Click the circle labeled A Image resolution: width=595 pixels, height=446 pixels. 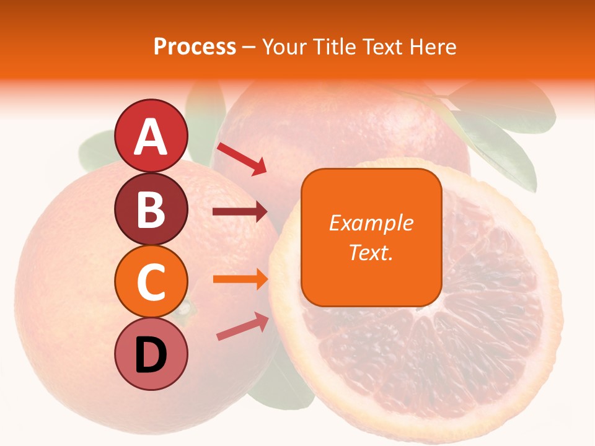click(x=151, y=136)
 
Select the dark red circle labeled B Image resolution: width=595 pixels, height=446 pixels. click(x=151, y=209)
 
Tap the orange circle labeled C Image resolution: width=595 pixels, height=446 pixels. click(x=151, y=281)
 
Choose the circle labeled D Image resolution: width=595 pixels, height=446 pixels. click(x=151, y=354)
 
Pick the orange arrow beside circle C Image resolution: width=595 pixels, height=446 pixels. click(x=240, y=279)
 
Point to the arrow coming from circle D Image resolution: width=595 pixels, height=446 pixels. click(x=242, y=326)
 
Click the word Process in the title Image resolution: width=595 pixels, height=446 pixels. click(x=195, y=46)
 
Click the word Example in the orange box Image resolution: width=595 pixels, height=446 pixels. click(x=371, y=223)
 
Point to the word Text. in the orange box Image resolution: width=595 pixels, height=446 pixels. click(x=371, y=252)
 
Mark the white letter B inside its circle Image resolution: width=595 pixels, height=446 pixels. click(x=151, y=209)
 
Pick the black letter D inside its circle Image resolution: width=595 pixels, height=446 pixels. click(x=151, y=354)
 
